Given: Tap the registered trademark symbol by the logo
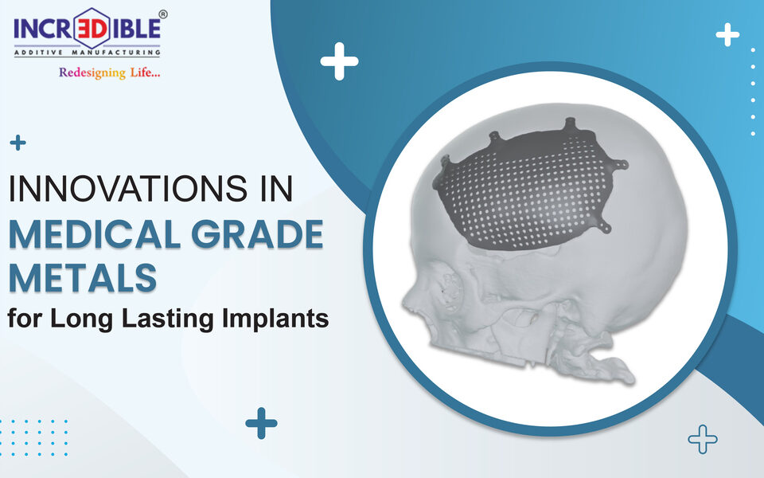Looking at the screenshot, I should (x=163, y=14).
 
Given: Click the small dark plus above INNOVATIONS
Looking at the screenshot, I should (x=18, y=143).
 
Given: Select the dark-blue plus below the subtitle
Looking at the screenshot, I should (x=261, y=423).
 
